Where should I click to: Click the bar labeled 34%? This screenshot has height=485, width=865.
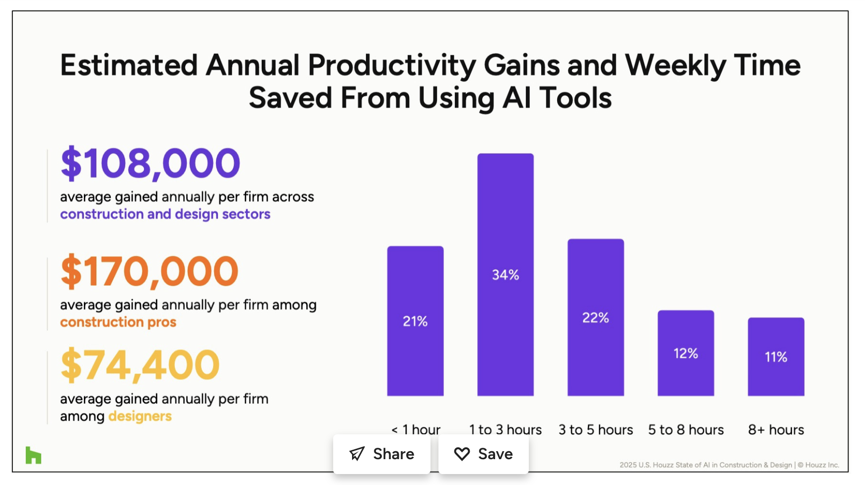pyautogui.click(x=505, y=274)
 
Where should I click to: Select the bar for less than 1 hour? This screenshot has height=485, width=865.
pyautogui.click(x=415, y=321)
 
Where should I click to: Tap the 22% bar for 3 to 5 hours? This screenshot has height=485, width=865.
pyautogui.click(x=595, y=317)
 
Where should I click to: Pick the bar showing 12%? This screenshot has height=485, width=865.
pyautogui.click(x=686, y=353)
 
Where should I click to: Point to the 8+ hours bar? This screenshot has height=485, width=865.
pyautogui.click(x=776, y=356)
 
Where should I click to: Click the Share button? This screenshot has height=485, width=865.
pyautogui.click(x=381, y=454)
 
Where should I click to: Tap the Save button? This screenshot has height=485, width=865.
pyautogui.click(x=483, y=454)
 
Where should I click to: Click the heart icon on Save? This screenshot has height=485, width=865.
pyautogui.click(x=462, y=454)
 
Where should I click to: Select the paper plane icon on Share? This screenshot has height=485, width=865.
pyautogui.click(x=357, y=454)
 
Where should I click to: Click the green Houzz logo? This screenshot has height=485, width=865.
pyautogui.click(x=33, y=455)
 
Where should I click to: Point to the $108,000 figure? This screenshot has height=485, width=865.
pyautogui.click(x=150, y=163)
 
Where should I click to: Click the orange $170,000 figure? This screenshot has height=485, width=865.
pyautogui.click(x=149, y=271)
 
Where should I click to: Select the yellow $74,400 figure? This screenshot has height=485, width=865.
pyautogui.click(x=140, y=365)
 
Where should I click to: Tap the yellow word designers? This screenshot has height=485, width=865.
pyautogui.click(x=140, y=416)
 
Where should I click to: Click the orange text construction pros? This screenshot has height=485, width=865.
pyautogui.click(x=118, y=322)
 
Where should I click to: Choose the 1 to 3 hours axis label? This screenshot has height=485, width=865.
pyautogui.click(x=505, y=429)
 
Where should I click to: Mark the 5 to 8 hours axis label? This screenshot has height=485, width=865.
pyautogui.click(x=686, y=429)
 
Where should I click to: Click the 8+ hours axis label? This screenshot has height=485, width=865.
pyautogui.click(x=776, y=429)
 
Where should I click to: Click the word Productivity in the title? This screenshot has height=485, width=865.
pyautogui.click(x=392, y=66)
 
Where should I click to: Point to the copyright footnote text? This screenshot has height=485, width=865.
pyautogui.click(x=729, y=465)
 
